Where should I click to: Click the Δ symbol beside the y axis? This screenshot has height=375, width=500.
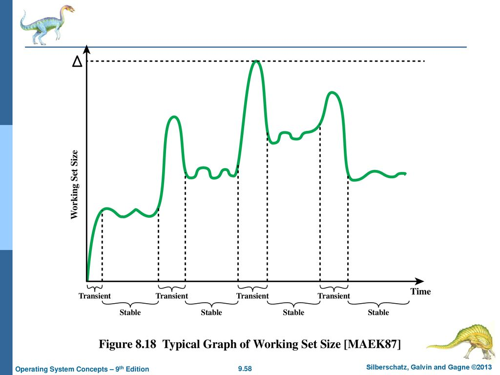(76, 62)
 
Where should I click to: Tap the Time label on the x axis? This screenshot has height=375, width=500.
(420, 292)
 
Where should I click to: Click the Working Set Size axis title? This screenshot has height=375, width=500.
(75, 184)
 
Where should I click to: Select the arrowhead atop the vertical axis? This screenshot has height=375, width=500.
(86, 49)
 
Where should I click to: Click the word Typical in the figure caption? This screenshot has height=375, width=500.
(180, 344)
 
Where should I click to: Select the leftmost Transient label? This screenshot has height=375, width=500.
(94, 296)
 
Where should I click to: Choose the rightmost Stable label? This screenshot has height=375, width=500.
(378, 312)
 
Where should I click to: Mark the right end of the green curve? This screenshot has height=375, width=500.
(405, 173)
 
